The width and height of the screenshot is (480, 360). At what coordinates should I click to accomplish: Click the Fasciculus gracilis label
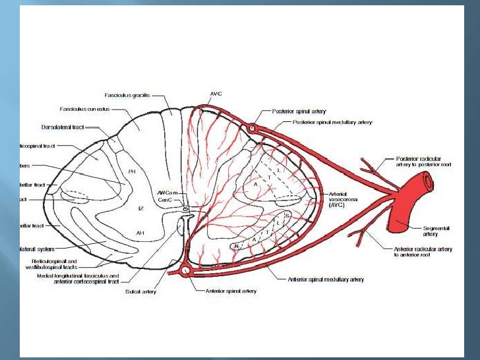pyautogui.click(x=127, y=95)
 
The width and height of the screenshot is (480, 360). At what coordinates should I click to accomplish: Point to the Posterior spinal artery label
pyautogui.click(x=299, y=111)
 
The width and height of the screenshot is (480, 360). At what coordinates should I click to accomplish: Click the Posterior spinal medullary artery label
pyautogui.click(x=332, y=122)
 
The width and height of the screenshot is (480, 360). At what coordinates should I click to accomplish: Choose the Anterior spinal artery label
pyautogui.click(x=231, y=290)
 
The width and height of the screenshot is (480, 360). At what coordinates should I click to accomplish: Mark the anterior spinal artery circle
pyautogui.click(x=185, y=270)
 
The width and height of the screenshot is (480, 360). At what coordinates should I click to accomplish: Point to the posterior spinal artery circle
pyautogui.click(x=253, y=127)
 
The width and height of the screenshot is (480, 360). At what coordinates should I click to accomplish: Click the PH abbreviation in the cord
pyautogui.click(x=132, y=171)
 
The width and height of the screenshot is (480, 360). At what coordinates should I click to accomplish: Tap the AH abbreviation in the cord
pyautogui.click(x=140, y=233)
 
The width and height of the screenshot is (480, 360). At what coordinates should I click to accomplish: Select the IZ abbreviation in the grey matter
pyautogui.click(x=140, y=208)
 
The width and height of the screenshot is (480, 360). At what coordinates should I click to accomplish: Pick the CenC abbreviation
pyautogui.click(x=165, y=200)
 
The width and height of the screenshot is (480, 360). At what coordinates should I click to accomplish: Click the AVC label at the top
pyautogui.click(x=216, y=94)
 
